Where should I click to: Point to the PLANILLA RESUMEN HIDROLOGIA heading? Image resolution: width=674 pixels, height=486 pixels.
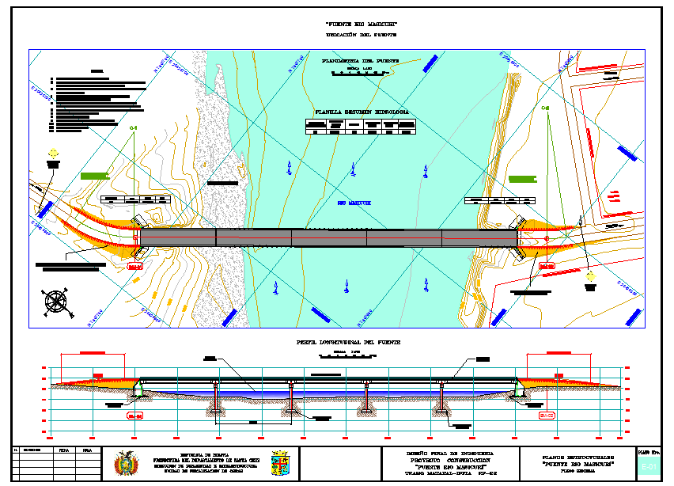click(x=362, y=112)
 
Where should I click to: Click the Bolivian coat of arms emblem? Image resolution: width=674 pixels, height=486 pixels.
click(x=124, y=463)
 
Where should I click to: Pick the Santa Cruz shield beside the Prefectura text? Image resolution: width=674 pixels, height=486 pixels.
click(x=279, y=463)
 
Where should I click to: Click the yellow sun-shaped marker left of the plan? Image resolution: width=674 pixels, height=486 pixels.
click(x=53, y=153)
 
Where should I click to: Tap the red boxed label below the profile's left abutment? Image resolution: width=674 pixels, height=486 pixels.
click(x=134, y=415)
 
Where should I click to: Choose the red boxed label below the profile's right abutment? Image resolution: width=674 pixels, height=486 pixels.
click(x=547, y=415)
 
